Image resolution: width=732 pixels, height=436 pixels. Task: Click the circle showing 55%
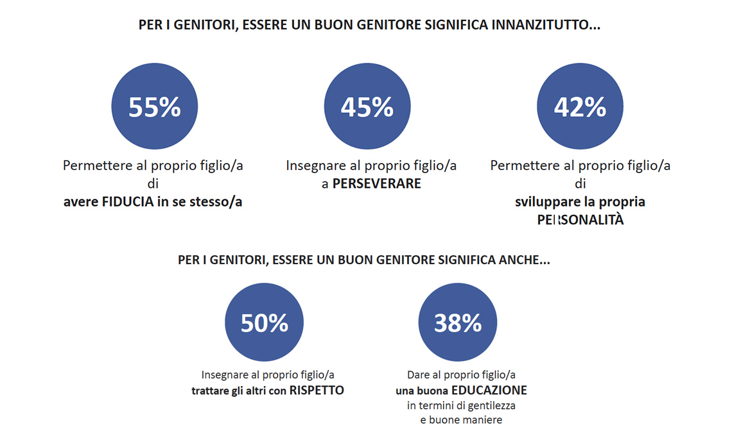tap(154, 107)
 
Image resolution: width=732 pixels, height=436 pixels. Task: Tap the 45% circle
tap(367, 107)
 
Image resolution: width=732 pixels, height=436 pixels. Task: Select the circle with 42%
tap(579, 107)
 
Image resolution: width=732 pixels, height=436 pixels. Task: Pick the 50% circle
tap(264, 323)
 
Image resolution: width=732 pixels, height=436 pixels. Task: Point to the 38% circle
tap(457, 323)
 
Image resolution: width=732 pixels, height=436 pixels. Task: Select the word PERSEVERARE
tap(377, 183)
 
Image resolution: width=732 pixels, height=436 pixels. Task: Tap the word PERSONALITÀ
tap(580, 220)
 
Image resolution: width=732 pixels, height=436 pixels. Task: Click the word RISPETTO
tap(317, 390)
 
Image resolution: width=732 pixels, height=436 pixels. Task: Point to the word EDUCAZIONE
tap(489, 390)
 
